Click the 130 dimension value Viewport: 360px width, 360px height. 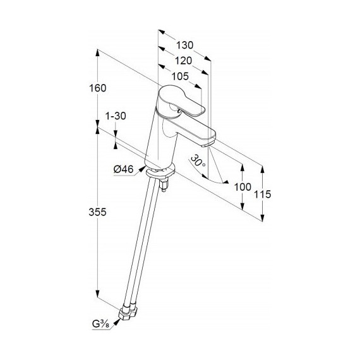(184, 45)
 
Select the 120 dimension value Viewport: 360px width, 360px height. (183, 61)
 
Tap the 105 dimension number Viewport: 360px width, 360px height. (180, 76)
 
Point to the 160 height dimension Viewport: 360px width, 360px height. (97, 88)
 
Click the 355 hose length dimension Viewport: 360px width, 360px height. (97, 212)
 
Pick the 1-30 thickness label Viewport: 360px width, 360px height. (116, 116)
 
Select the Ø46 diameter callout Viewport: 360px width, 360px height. (124, 169)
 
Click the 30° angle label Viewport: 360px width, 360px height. (198, 161)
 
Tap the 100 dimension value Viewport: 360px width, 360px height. (243, 187)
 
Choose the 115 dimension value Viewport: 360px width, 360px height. (263, 195)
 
